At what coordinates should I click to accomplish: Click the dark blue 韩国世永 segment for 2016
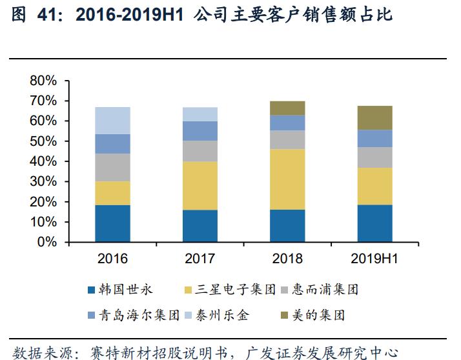(x=112, y=223)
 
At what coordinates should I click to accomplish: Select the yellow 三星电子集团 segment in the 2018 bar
(x=287, y=179)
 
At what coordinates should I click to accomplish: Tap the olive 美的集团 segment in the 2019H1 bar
(x=375, y=117)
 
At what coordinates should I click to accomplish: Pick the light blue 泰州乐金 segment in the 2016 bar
(x=112, y=121)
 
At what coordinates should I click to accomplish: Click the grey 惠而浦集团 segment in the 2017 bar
(x=200, y=151)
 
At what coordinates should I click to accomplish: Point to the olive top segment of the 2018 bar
(x=287, y=108)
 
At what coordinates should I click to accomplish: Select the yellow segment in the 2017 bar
(x=200, y=185)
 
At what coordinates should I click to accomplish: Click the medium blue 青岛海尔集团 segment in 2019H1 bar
(x=375, y=138)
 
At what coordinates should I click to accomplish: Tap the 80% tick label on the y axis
(x=43, y=81)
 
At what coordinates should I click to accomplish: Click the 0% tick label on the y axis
(x=47, y=243)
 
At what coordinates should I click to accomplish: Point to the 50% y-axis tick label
(x=43, y=141)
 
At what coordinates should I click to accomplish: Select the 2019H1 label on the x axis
(x=375, y=259)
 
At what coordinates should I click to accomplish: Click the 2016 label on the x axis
(x=112, y=259)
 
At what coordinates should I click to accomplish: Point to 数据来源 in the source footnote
(x=36, y=352)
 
